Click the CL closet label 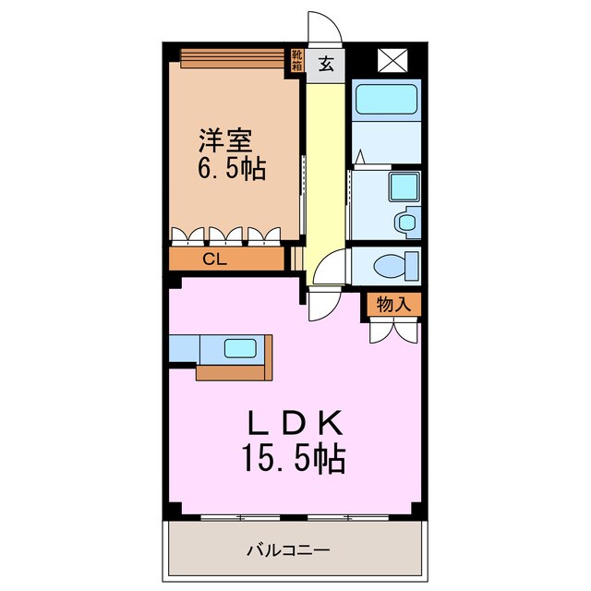(214, 259)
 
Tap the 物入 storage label (393, 304)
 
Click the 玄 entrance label (327, 65)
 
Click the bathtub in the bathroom (386, 98)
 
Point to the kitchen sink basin (242, 348)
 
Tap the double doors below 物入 (393, 329)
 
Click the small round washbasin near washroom (405, 222)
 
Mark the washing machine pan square (404, 188)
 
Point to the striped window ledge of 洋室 (230, 58)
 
